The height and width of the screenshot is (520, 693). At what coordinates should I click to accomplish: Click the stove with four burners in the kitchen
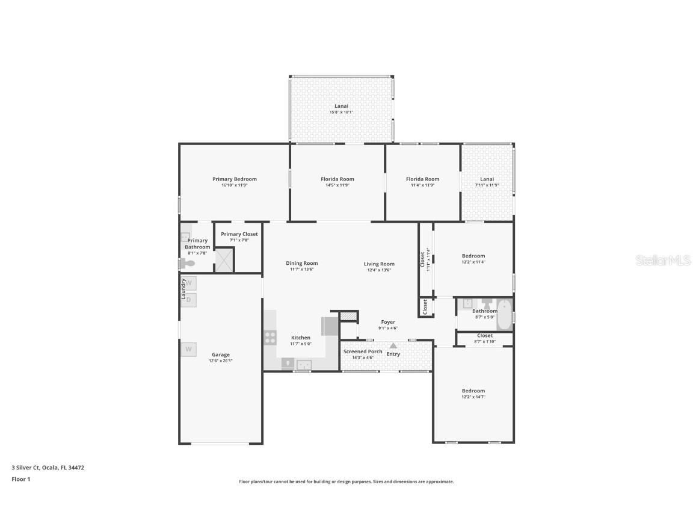tap(270, 338)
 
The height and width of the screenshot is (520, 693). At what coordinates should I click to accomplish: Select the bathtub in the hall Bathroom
tap(504, 314)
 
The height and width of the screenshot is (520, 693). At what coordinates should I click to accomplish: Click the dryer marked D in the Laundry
tap(188, 300)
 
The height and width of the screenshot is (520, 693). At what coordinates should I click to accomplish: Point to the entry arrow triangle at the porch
tap(393, 345)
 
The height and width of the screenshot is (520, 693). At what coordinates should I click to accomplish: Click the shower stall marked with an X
tap(224, 260)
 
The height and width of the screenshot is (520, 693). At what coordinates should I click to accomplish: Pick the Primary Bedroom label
tap(234, 179)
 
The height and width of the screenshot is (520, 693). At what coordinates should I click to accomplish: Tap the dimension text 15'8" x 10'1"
tap(341, 113)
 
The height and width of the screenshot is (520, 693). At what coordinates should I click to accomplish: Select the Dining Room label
tap(301, 263)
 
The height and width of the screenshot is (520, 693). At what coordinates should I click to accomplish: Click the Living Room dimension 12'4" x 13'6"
tap(379, 270)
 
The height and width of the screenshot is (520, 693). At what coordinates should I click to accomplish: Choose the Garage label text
tap(220, 354)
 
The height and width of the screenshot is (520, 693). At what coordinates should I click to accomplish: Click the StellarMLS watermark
tap(664, 261)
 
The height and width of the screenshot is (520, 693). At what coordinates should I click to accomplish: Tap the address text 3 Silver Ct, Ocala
tap(48, 467)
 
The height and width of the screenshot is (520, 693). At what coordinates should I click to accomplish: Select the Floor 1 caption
tap(20, 479)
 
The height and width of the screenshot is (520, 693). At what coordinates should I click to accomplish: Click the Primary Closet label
tap(239, 234)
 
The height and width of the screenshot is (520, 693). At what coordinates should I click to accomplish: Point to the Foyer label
tap(388, 322)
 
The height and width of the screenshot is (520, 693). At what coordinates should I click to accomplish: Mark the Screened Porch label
tap(362, 351)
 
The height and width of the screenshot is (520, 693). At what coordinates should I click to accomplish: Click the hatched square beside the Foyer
tap(348, 315)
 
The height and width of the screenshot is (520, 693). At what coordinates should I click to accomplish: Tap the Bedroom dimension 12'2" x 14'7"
tap(473, 397)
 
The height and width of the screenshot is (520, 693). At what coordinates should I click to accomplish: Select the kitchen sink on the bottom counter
tap(303, 364)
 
